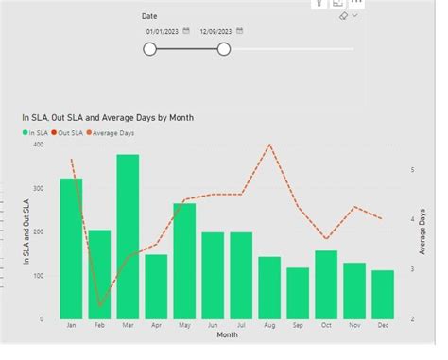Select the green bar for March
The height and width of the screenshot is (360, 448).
pos(128,236)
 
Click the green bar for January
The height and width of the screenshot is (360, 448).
pos(71,248)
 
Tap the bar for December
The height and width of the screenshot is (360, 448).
pos(383,294)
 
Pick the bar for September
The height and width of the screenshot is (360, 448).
pos(298,293)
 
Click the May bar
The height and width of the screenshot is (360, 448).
pos(184,261)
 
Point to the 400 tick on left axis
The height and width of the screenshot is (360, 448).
pos(37,145)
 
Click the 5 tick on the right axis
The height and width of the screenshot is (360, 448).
pos(411,170)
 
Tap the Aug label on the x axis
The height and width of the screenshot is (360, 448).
pos(269,324)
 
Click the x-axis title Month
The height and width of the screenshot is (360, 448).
pos(228,334)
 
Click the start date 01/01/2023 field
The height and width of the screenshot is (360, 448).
pos(163,31)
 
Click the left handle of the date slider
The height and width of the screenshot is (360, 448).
pos(150,49)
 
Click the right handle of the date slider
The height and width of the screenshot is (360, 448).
pos(224,49)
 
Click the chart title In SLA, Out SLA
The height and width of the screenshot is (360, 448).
pos(108,117)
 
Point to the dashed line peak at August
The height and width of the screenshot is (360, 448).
pos(269,146)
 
